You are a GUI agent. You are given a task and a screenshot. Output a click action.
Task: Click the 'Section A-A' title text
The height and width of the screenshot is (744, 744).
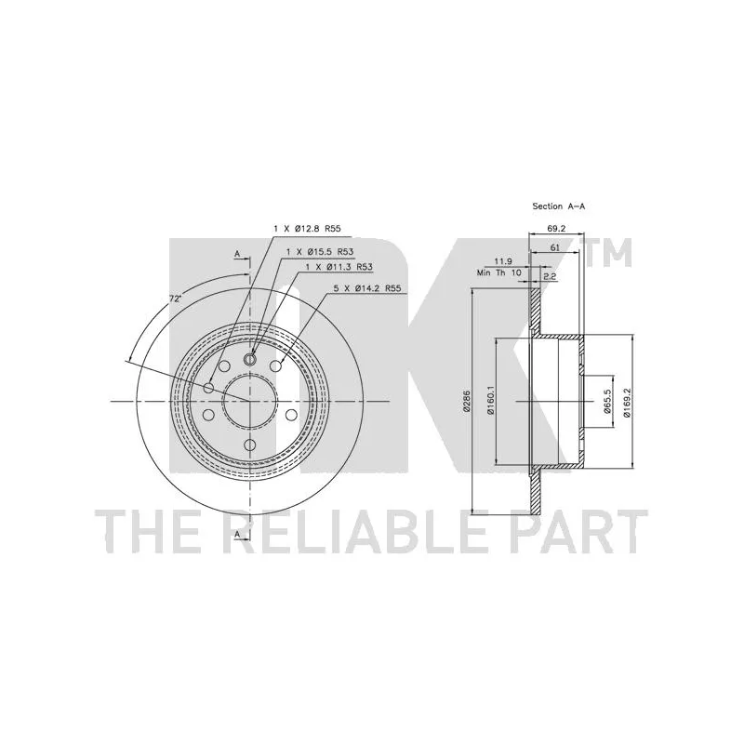559,206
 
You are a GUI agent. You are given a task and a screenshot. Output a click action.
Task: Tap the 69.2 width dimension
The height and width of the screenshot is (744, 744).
556,228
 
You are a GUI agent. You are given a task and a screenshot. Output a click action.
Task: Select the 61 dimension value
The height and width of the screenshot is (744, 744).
555,247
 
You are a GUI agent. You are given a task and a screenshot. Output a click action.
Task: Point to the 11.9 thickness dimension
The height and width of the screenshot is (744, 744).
503,261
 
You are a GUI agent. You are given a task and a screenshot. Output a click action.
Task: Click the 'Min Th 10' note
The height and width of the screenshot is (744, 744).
499,272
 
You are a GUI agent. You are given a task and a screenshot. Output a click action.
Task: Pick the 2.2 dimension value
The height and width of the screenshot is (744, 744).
550,275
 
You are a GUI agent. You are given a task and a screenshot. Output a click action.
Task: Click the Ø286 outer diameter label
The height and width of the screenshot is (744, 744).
466,402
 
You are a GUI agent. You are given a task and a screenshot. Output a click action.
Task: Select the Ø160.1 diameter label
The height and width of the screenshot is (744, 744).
491,400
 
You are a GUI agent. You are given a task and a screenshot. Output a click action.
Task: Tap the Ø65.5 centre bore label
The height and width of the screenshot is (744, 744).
607,402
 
